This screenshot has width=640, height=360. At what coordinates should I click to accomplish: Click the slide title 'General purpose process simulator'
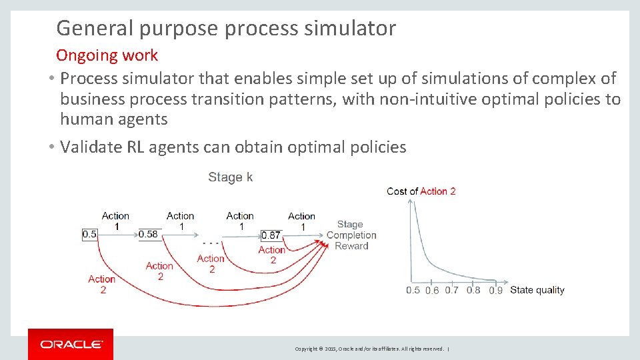[x=226, y=28]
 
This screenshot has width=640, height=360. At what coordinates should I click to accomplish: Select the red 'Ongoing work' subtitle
[x=107, y=55]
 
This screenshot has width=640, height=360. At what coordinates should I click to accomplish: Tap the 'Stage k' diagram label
[x=230, y=177]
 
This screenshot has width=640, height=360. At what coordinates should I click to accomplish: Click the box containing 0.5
[x=89, y=234]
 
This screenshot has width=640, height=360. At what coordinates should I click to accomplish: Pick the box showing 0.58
[x=149, y=234]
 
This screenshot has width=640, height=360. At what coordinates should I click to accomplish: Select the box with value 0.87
[x=271, y=235]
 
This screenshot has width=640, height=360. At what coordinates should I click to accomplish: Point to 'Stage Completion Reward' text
[x=351, y=235]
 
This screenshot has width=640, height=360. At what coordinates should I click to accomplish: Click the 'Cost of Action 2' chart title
[x=421, y=191]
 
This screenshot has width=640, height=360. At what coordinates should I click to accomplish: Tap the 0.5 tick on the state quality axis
[x=413, y=290]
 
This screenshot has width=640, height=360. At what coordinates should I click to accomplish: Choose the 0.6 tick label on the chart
[x=433, y=290]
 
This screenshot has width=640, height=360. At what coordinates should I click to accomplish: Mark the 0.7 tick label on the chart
[x=452, y=290]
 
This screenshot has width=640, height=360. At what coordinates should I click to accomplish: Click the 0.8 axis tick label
[x=473, y=290]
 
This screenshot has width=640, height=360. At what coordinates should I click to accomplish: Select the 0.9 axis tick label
[x=495, y=290]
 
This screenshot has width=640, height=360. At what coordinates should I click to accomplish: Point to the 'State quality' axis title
[x=537, y=290]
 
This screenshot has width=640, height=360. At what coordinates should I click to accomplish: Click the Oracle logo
[x=71, y=344]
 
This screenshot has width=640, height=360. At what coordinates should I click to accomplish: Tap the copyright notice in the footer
[x=370, y=349]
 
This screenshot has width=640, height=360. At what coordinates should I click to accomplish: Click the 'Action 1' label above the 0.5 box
[x=115, y=221]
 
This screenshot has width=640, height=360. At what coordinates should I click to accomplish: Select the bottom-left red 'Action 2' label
[x=101, y=284]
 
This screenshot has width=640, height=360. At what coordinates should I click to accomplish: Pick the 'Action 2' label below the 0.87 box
[x=272, y=255]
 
